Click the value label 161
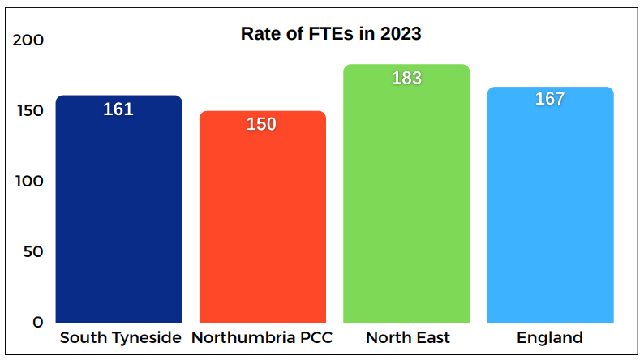pyautogui.click(x=118, y=109)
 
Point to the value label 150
pyautogui.click(x=262, y=124)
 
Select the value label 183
pyautogui.click(x=406, y=78)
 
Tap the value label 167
pyautogui.click(x=550, y=99)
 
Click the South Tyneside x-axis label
pyautogui.click(x=120, y=338)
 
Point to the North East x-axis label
pyautogui.click(x=407, y=338)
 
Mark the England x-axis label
pyautogui.click(x=550, y=338)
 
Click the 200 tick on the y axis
pyautogui.click(x=28, y=41)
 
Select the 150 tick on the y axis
pyautogui.click(x=28, y=111)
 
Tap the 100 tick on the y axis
pyautogui.click(x=28, y=181)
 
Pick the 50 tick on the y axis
pyautogui.click(x=32, y=251)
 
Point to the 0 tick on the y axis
pyautogui.click(x=38, y=322)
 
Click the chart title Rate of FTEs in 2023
pyautogui.click(x=331, y=34)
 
